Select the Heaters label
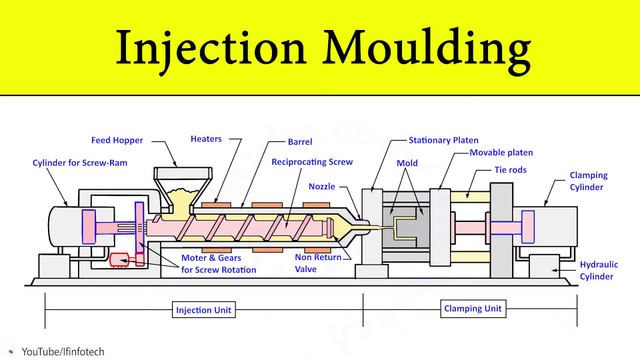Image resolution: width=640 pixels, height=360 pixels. click(207, 139)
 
